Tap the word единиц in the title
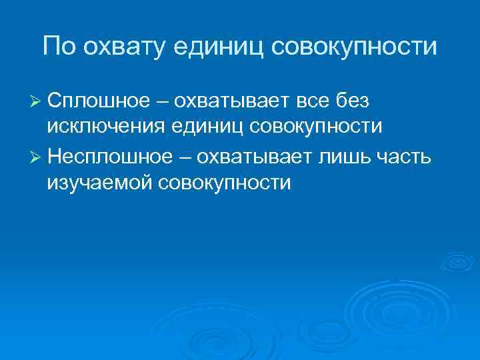click(219, 47)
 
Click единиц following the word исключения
click(209, 127)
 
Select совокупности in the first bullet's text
click(317, 127)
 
